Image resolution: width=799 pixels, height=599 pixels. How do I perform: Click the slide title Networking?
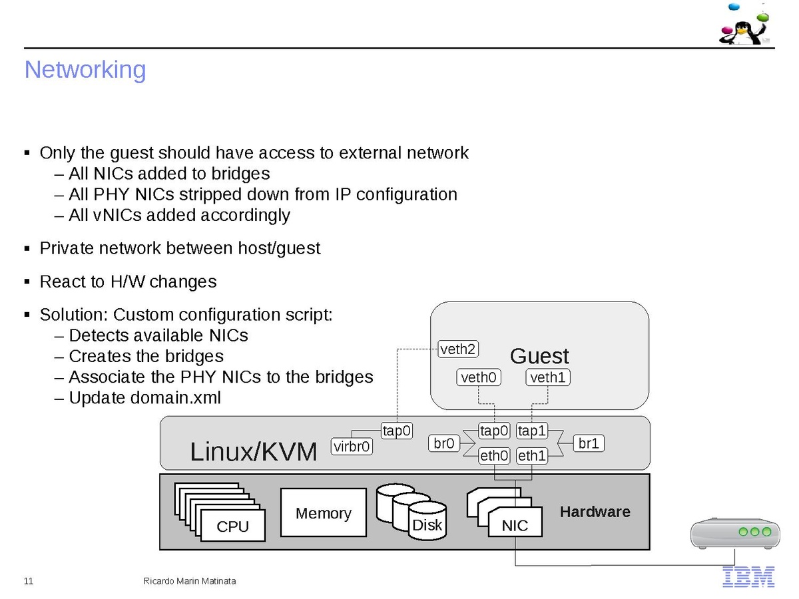click(85, 70)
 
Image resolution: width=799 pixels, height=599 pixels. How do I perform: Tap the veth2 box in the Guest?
click(458, 349)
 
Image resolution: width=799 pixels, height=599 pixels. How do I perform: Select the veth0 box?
click(479, 378)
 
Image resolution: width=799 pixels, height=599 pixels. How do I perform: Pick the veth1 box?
click(548, 378)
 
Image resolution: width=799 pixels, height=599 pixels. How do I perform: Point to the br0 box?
click(444, 443)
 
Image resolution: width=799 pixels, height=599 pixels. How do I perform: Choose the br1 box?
click(589, 443)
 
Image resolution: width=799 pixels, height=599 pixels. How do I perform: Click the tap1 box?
click(532, 431)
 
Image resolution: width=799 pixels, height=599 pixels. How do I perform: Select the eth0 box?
click(495, 456)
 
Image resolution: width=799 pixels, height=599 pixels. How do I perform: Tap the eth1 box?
click(532, 456)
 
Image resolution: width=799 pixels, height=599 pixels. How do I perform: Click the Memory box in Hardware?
click(324, 513)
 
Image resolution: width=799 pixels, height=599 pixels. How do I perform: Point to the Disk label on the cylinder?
click(427, 525)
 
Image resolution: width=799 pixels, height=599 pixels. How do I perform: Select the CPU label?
click(233, 526)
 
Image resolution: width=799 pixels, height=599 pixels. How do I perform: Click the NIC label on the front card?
click(515, 525)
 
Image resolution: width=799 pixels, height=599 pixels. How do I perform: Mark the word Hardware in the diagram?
click(595, 512)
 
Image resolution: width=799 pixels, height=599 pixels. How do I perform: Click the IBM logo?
click(748, 577)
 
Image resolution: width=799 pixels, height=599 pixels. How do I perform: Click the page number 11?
click(29, 581)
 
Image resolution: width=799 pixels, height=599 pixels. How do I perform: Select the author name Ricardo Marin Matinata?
click(190, 581)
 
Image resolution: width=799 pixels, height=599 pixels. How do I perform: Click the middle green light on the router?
click(754, 532)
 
